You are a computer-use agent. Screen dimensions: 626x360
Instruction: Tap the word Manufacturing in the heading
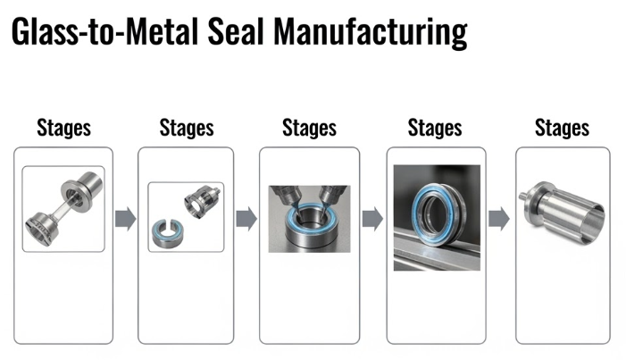(370, 34)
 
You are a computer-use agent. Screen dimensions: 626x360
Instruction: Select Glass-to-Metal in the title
(104, 32)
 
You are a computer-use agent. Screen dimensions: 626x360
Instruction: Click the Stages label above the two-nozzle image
(309, 129)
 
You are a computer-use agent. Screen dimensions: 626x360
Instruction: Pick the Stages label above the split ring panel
(187, 129)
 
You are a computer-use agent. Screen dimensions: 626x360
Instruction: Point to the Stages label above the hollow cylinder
(562, 129)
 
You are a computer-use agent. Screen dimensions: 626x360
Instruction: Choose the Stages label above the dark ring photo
(435, 129)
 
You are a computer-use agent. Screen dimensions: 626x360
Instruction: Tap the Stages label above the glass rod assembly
(64, 129)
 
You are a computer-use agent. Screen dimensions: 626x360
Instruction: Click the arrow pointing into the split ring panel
(126, 219)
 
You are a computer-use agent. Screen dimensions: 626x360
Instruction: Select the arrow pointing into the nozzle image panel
(246, 219)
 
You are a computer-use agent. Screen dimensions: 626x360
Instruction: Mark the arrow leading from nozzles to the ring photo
(373, 219)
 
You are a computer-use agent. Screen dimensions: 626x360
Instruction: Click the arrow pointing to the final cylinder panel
(499, 219)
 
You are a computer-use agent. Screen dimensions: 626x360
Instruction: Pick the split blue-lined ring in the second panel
(168, 233)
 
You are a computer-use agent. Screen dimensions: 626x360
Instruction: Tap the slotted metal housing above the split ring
(202, 201)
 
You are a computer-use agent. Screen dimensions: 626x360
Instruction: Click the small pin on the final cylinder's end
(523, 197)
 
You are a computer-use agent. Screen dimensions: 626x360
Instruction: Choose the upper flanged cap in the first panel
(82, 190)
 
